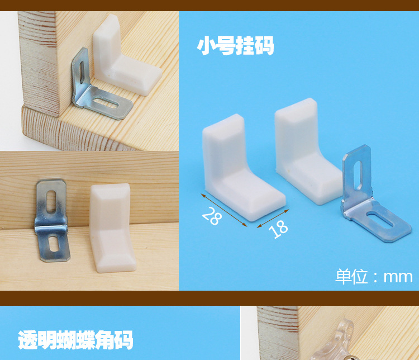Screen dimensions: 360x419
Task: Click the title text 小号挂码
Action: pos(235,46)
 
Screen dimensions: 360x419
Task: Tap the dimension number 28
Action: pos(211,216)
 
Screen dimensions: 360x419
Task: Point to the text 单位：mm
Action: pos(374,276)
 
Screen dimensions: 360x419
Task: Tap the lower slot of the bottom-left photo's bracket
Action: pos(51,243)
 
